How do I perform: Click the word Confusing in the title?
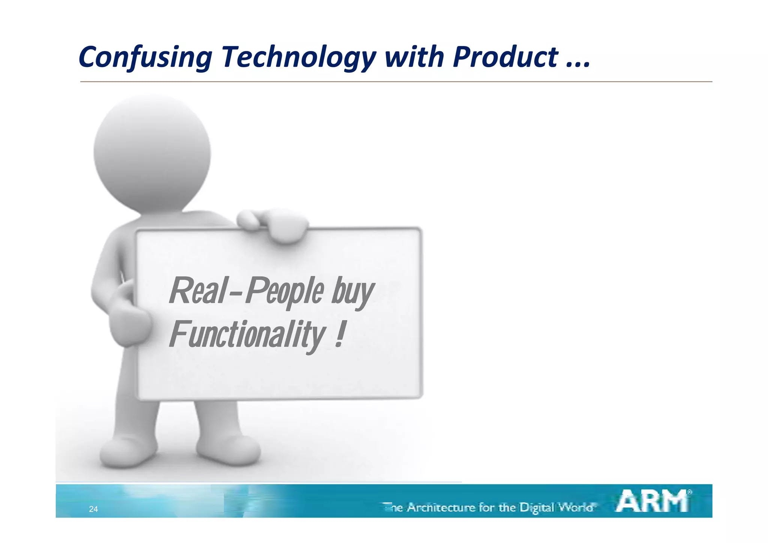pyautogui.click(x=145, y=57)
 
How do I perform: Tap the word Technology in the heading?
pyautogui.click(x=298, y=57)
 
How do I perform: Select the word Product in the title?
pyautogui.click(x=505, y=57)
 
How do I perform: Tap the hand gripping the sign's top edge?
pyautogui.click(x=276, y=225)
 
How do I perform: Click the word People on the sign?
pyautogui.click(x=285, y=292)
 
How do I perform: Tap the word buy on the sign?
pyautogui.click(x=352, y=292)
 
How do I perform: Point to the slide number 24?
pyautogui.click(x=93, y=509)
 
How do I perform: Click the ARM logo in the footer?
pyautogui.click(x=652, y=501)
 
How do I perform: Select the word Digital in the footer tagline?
pyautogui.click(x=537, y=508)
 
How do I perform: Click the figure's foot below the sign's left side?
pyautogui.click(x=127, y=452)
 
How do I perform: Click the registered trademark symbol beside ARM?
pyautogui.click(x=689, y=492)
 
